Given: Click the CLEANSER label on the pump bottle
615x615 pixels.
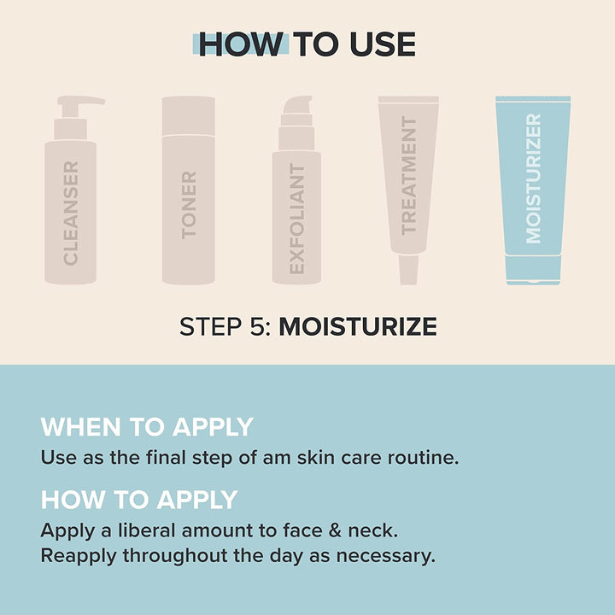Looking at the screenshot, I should (x=71, y=213).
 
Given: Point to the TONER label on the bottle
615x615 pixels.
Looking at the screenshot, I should (x=189, y=204).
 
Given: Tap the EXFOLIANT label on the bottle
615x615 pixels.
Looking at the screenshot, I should (x=296, y=220).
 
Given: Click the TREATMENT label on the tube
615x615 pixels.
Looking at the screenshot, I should (x=409, y=175).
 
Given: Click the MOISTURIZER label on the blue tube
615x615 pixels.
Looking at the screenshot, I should (x=534, y=179).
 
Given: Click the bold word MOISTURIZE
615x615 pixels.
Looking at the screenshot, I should (x=358, y=326).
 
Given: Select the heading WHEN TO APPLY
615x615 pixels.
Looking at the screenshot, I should (x=147, y=426).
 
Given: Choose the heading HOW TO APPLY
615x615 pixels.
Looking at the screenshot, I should (x=139, y=499).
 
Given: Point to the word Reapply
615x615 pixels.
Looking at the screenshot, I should (x=78, y=557).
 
